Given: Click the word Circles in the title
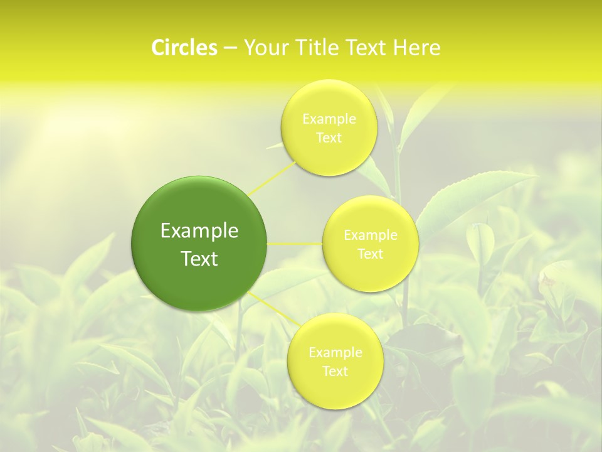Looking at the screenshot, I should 184,48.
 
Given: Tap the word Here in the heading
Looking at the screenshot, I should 418,48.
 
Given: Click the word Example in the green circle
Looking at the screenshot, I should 199,231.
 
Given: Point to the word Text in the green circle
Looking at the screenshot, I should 199,259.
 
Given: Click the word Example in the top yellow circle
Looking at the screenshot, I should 329,119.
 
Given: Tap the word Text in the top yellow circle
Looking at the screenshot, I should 329,137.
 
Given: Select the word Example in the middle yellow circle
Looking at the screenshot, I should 371,235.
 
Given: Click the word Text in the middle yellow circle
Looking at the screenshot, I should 371,254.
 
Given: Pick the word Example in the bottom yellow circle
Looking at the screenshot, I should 335,352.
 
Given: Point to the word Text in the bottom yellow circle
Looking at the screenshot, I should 335,371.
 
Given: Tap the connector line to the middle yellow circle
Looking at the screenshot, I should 295,244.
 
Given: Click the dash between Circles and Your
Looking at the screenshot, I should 230,48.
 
